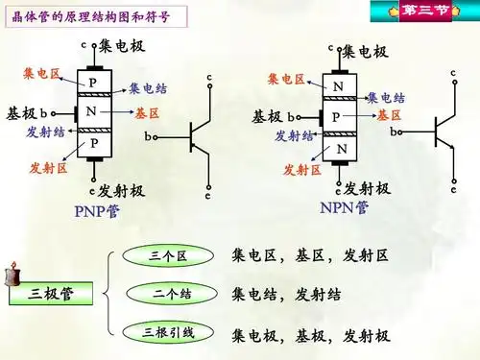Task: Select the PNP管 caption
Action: [x=97, y=210]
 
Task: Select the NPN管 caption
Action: [x=346, y=208]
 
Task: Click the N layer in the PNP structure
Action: [x=92, y=112]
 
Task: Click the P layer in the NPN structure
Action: [x=336, y=116]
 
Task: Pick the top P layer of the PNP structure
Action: [x=92, y=83]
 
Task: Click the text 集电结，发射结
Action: [x=286, y=294]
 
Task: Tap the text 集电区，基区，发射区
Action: [x=310, y=256]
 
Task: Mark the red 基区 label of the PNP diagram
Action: [x=147, y=113]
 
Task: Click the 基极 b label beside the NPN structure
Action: [x=276, y=116]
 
